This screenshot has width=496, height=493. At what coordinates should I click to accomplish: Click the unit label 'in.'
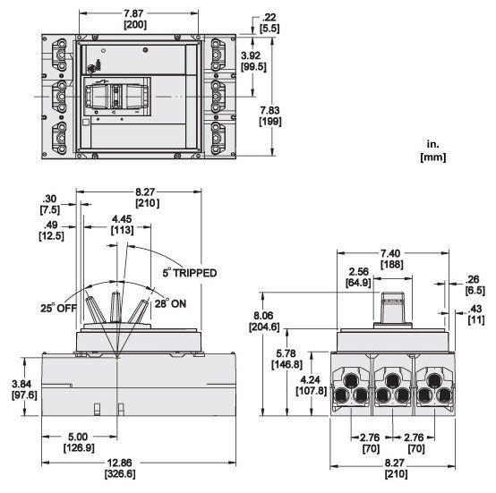tap(432, 142)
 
